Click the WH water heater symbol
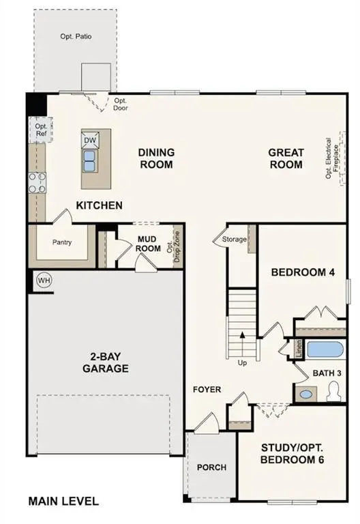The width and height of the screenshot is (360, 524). click(x=44, y=281)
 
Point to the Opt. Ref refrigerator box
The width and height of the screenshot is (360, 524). click(x=41, y=130)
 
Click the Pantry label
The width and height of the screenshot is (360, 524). click(x=62, y=242)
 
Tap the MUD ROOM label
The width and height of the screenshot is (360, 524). click(x=148, y=244)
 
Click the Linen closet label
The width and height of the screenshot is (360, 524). click(x=299, y=348)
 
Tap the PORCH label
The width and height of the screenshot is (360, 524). click(x=211, y=467)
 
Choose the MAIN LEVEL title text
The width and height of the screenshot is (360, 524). click(x=63, y=501)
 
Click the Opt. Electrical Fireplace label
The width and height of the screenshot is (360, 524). click(x=332, y=158)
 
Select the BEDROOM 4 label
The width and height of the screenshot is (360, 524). click(x=303, y=272)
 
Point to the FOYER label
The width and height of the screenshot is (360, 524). click(x=207, y=390)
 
